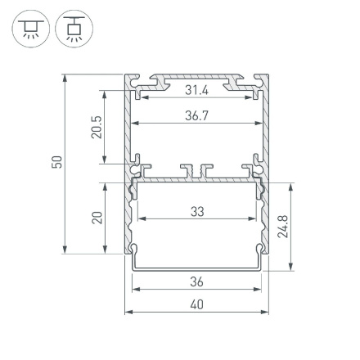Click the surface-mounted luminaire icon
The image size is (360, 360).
coord(29,29)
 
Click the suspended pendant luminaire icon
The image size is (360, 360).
coord(74,29)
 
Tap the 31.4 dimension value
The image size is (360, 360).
coord(196,89)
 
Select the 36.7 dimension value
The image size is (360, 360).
coord(196,115)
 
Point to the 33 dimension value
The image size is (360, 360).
coord(196,211)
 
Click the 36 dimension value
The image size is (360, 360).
coord(196,281)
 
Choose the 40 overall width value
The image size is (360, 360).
coord(196,304)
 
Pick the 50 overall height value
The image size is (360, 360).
coord(56,164)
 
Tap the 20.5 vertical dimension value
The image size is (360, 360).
coord(97,127)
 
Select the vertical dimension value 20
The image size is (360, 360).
coord(97,217)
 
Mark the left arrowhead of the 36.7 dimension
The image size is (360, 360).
coord(136,123)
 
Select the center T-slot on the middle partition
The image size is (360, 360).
coord(196,171)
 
